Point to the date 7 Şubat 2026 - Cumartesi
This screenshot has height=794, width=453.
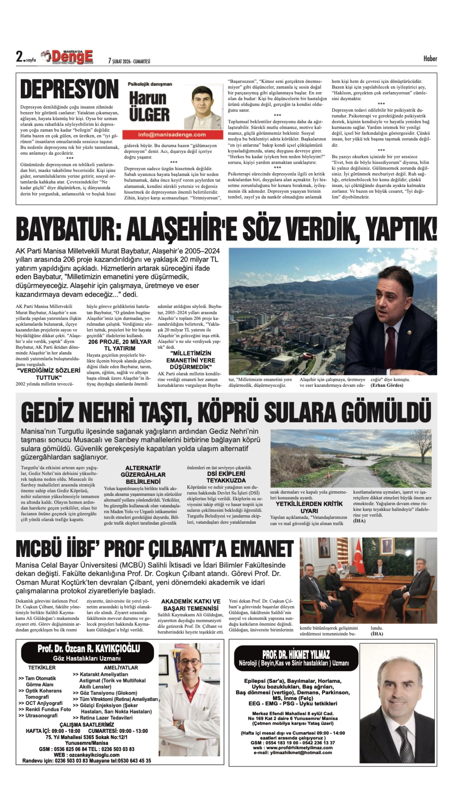[129, 61]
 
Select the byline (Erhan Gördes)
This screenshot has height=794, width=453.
[387, 385]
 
